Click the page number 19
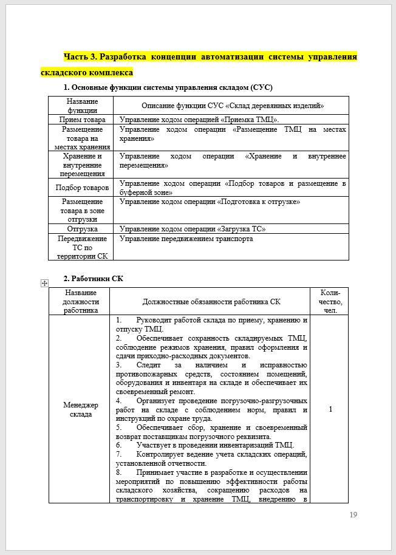pos(353,515)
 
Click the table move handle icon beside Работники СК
pos(43,282)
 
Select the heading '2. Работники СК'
pos(93,279)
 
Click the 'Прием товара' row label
pos(81,120)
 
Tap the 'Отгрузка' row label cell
pos(81,229)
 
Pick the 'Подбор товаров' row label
pos(81,188)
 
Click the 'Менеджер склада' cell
pos(80,409)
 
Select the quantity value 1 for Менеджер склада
pos(330,409)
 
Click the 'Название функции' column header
pos(81,106)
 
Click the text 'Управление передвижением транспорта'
pos(186,239)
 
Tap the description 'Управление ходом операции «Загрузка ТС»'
pos(193,229)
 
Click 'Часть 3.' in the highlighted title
pos(80,57)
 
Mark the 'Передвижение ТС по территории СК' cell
pos(81,247)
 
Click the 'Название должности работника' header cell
pos(80,301)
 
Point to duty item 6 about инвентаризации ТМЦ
pos(207,444)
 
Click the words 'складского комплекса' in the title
pos(86,72)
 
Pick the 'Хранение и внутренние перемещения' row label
pos(81,165)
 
